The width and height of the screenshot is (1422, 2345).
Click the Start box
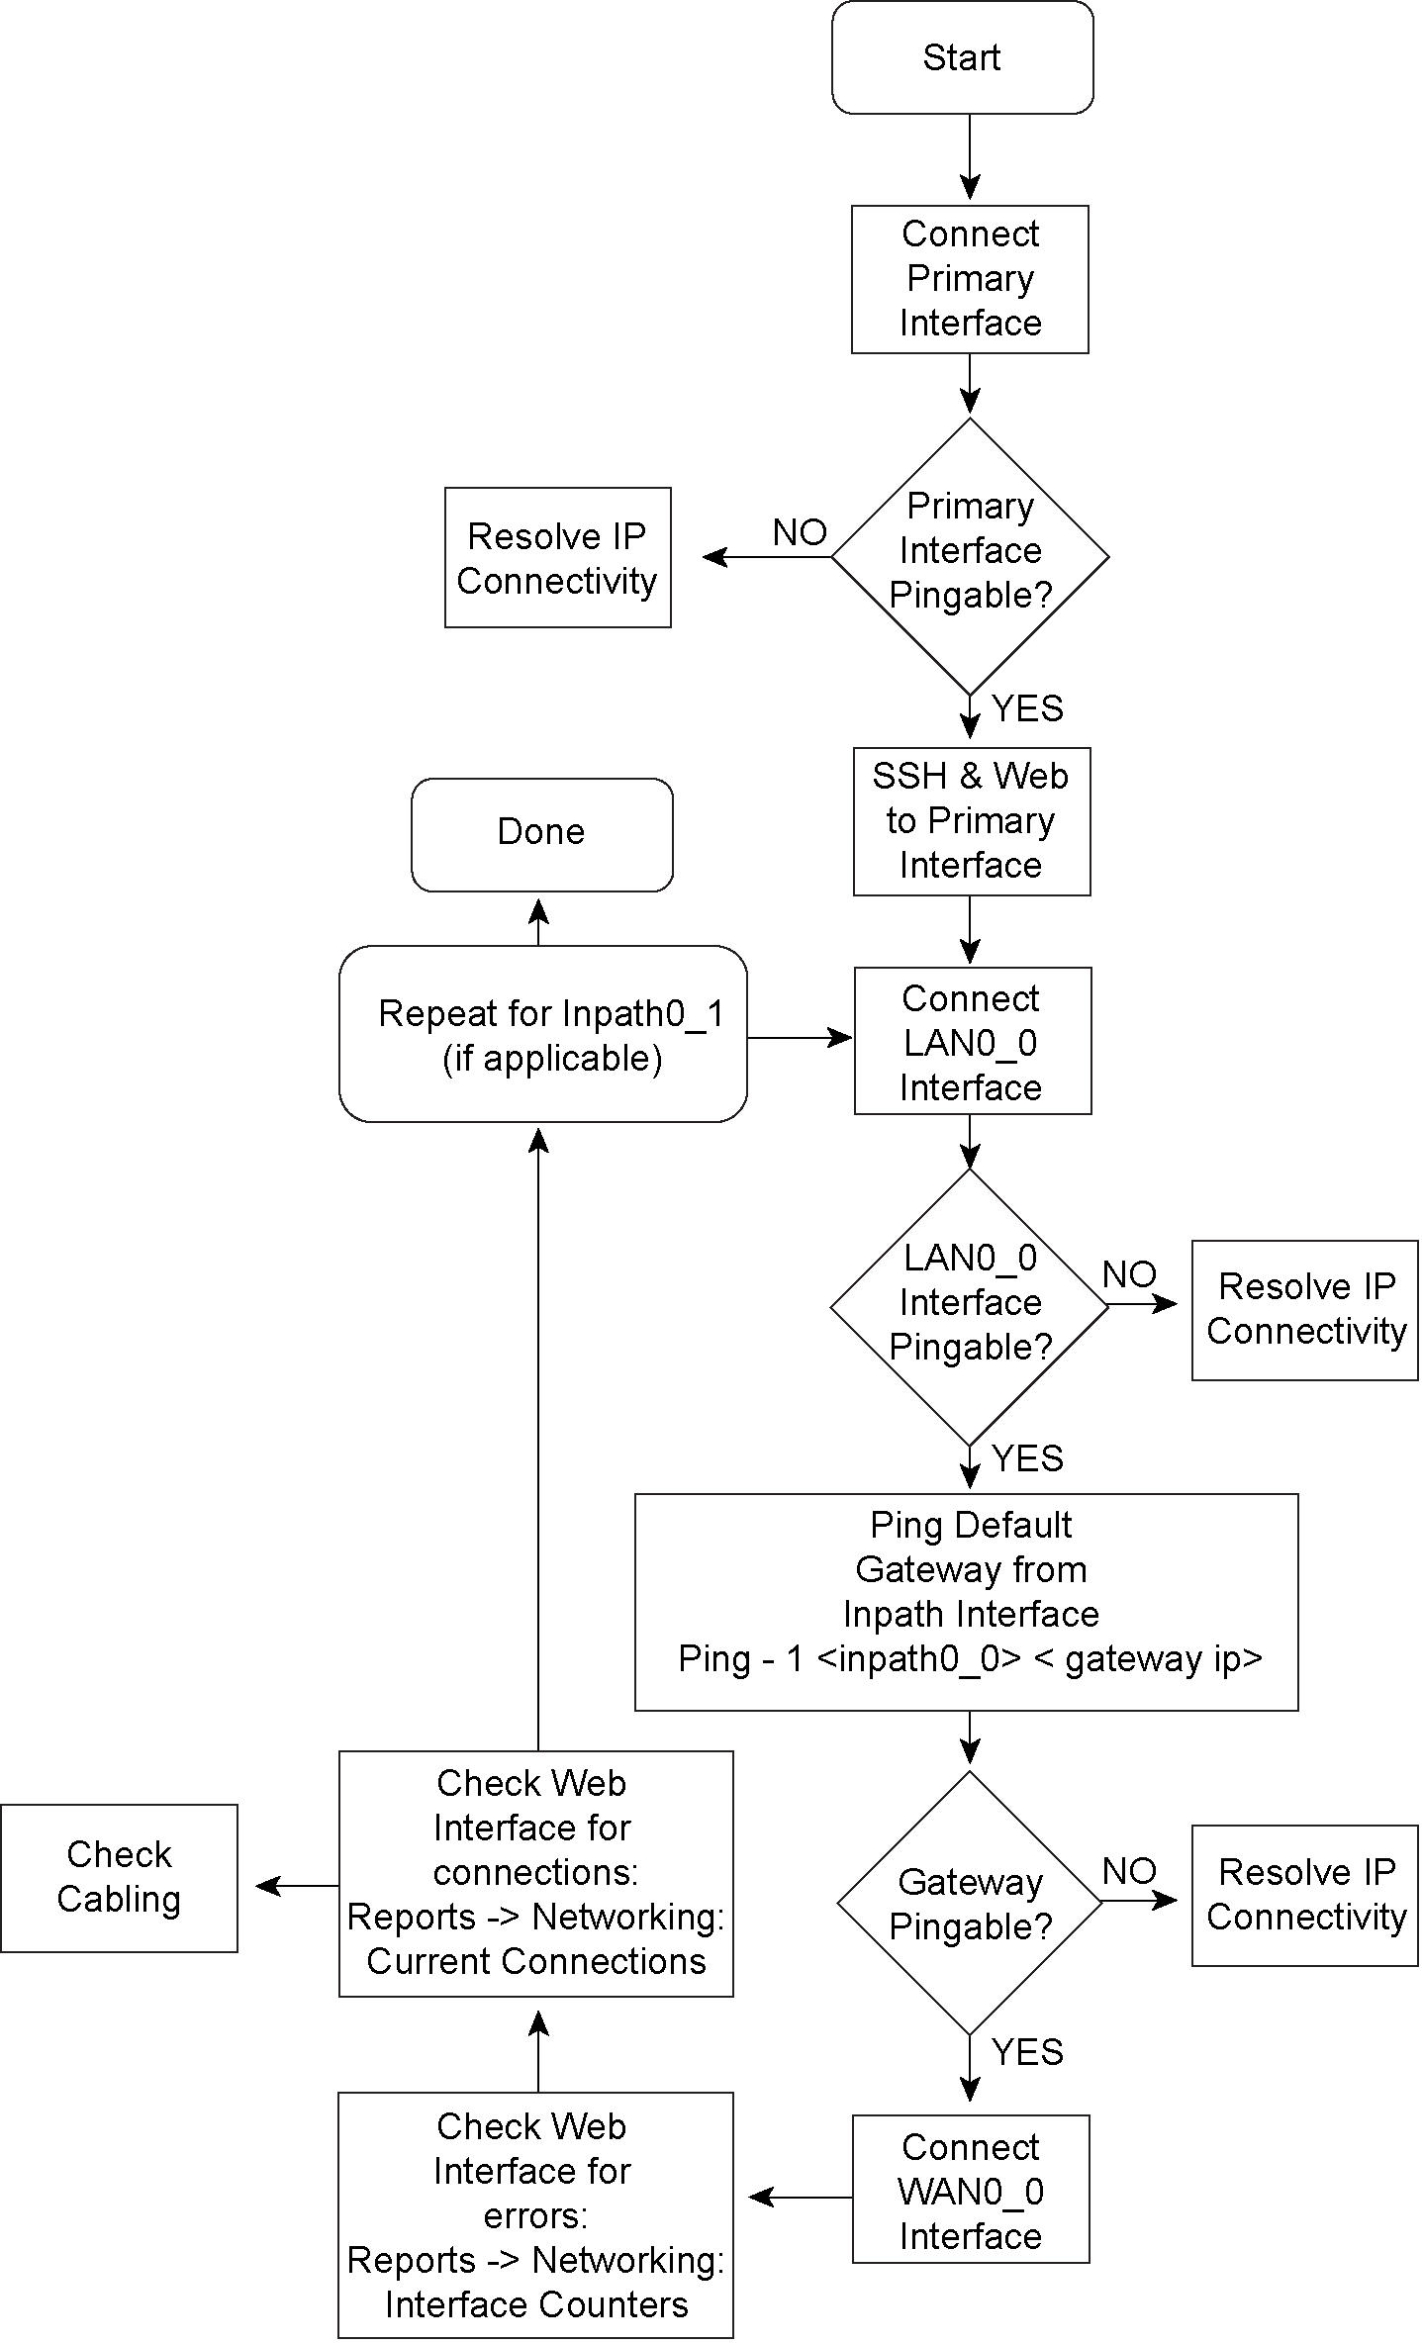coord(962,57)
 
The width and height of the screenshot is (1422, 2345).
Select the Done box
coord(541,834)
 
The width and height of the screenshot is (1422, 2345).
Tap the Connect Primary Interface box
coord(970,279)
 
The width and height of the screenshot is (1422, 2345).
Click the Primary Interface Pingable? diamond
coord(970,555)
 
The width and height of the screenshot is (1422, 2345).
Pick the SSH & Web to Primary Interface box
coord(971,821)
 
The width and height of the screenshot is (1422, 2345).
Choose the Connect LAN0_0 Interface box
coord(972,1041)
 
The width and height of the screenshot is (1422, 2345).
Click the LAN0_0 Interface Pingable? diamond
coord(970,1305)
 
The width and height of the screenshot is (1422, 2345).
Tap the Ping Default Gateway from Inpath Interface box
coord(966,1602)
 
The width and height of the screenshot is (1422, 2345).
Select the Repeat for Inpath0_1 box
coord(542,1034)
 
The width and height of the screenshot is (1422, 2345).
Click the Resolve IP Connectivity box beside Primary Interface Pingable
coord(557,557)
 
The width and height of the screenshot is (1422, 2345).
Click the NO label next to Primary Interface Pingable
coord(800,533)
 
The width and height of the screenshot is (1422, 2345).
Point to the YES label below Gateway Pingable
coord(1027,2052)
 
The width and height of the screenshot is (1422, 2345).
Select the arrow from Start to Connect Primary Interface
coord(970,158)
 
